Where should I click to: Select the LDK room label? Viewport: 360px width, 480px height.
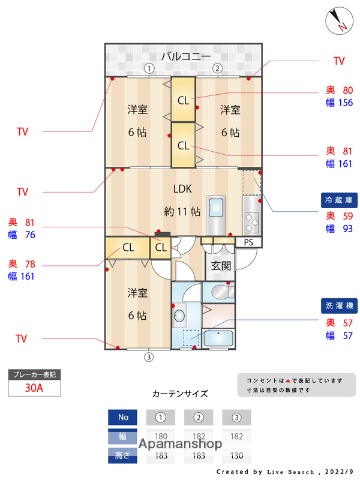183,188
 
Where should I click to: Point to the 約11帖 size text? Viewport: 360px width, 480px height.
183,211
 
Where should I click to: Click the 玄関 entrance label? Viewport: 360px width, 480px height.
220,266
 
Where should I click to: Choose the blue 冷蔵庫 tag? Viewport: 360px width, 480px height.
334,199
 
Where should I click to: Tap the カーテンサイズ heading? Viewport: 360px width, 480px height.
180,394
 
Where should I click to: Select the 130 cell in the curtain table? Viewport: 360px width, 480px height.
237,455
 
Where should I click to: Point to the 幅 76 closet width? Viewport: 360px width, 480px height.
23,235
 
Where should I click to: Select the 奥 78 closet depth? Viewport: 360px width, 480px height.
22,264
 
